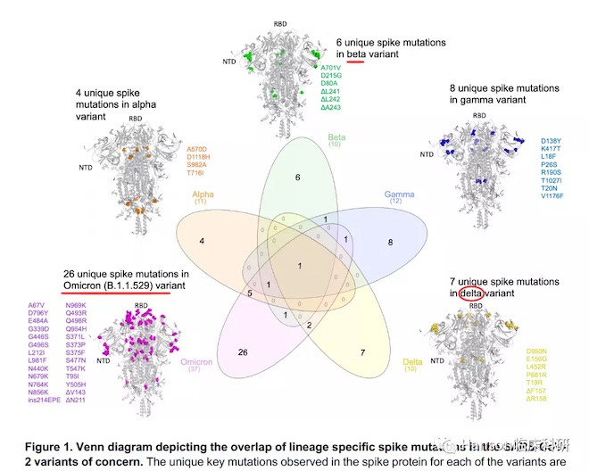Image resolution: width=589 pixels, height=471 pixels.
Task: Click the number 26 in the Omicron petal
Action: [x=242, y=353]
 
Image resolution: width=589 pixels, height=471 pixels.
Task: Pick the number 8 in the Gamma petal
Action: [x=390, y=242]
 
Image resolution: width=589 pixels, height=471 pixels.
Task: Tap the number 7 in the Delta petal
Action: [x=363, y=352]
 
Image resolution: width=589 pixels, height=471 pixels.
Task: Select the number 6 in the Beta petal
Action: [x=298, y=178]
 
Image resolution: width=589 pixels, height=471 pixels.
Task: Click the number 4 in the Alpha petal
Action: [x=203, y=242]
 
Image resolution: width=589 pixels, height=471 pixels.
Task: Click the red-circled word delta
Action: [x=470, y=293]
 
